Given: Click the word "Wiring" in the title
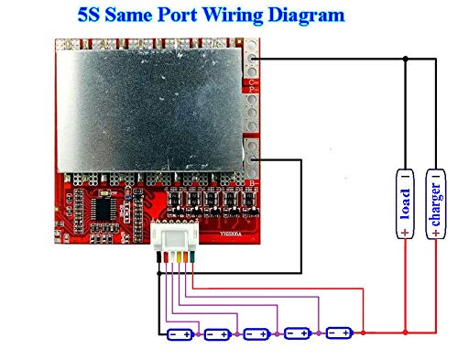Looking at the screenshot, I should [222, 16].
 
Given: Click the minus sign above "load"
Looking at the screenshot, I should [405, 174].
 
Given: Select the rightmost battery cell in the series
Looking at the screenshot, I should [340, 333].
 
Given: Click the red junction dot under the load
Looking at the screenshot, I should [405, 333].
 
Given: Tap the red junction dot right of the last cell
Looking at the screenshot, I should [364, 333].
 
